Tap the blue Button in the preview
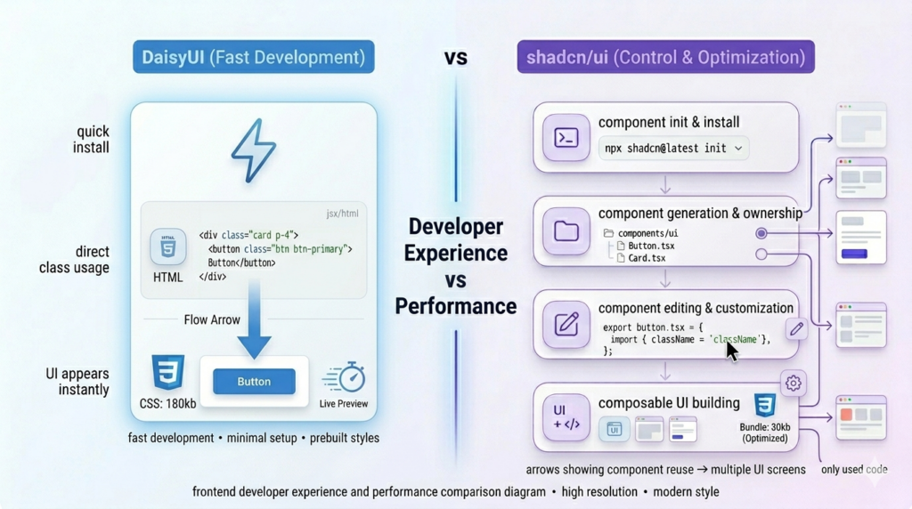(254, 382)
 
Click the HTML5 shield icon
(167, 247)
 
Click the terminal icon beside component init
(566, 138)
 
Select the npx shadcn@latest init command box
(674, 149)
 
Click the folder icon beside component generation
(566, 231)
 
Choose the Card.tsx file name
(647, 258)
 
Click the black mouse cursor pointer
(731, 351)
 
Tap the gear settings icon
(793, 384)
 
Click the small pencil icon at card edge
(796, 328)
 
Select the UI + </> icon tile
(566, 417)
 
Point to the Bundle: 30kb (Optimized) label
(765, 432)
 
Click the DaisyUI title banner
(253, 58)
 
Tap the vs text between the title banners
(456, 58)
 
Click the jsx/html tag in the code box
(342, 214)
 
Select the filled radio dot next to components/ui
(761, 233)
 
